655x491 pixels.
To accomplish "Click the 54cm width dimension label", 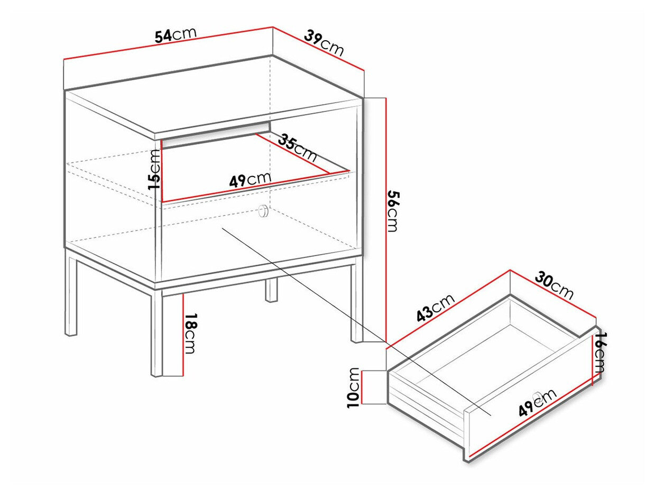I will (176, 35).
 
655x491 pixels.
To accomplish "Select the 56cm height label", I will (392, 211).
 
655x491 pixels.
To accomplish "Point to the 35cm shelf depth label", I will (298, 149).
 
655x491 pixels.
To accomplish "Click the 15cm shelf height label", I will (154, 170).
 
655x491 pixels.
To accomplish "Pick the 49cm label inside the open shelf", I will (250, 180).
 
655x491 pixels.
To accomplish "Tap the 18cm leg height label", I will (190, 334).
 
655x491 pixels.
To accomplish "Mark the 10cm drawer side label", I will (353, 387).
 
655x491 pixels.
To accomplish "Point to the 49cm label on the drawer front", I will (538, 403).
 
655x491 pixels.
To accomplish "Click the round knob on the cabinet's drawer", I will (263, 211).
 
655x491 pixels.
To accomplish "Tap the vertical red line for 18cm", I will (183, 334).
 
